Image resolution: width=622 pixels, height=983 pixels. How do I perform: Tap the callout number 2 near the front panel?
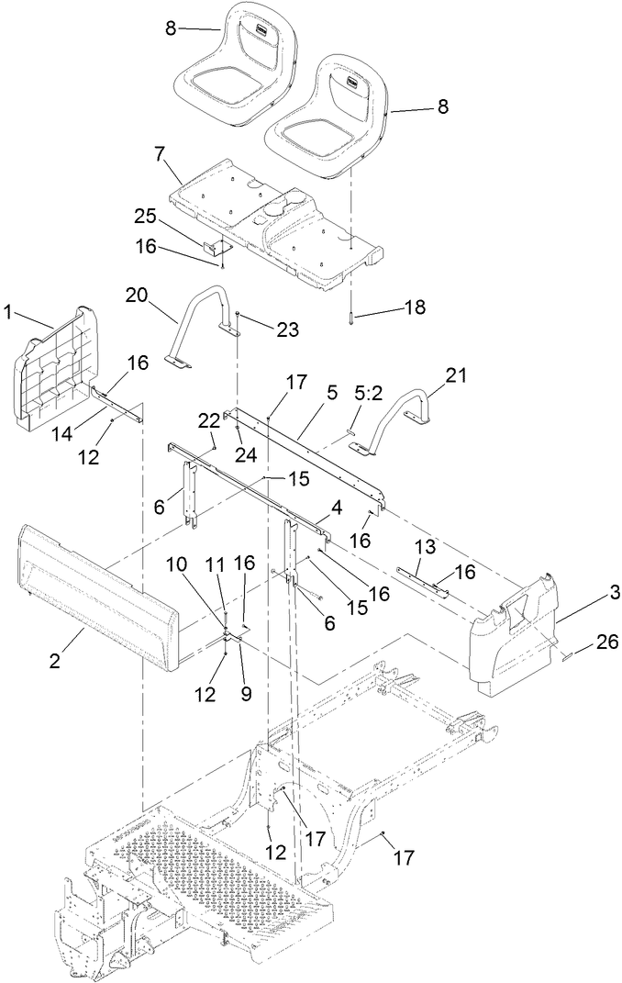(56, 660)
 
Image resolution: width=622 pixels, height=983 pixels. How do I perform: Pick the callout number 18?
(415, 307)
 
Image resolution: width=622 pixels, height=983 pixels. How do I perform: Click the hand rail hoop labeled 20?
(197, 322)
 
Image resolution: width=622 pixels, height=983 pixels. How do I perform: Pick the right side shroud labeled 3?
(514, 633)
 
